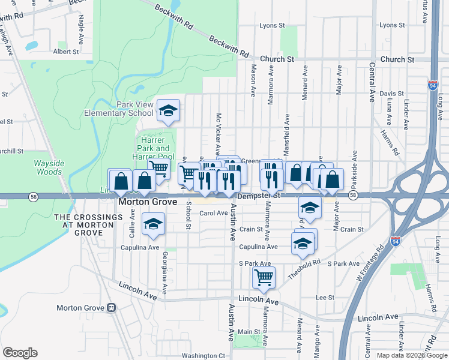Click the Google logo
click(x=20, y=353)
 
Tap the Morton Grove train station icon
click(x=111, y=308)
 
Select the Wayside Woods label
click(x=47, y=167)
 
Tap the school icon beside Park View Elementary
click(x=169, y=110)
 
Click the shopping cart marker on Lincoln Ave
click(x=264, y=278)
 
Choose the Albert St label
click(x=66, y=52)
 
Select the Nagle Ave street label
click(x=81, y=28)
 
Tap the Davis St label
click(x=391, y=94)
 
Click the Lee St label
click(x=325, y=298)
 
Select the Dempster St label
click(x=259, y=196)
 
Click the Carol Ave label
click(x=214, y=213)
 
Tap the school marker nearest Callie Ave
click(x=153, y=224)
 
